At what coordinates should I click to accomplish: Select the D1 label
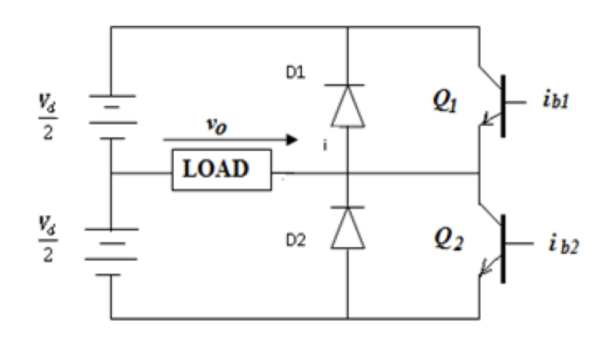pyautogui.click(x=296, y=74)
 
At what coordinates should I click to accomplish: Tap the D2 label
pyautogui.click(x=296, y=241)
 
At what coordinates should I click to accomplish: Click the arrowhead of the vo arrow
pyautogui.click(x=293, y=140)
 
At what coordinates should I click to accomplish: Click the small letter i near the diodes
pyautogui.click(x=325, y=146)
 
